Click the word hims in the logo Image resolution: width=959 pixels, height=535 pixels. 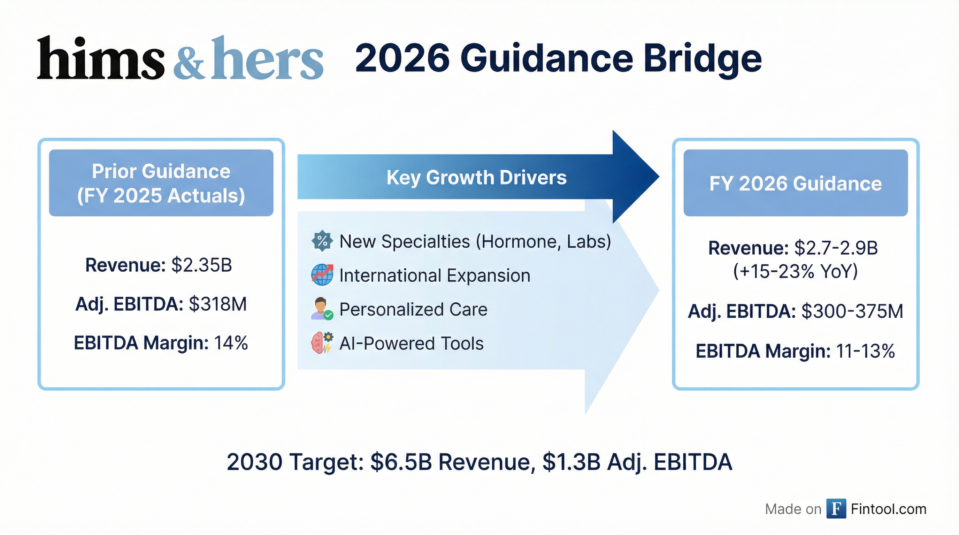(x=100, y=59)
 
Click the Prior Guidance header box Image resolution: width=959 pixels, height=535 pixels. (x=161, y=183)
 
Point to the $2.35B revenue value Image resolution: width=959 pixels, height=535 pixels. (x=201, y=265)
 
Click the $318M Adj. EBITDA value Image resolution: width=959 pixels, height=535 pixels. (x=218, y=304)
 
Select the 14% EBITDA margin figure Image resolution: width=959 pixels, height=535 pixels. (x=231, y=343)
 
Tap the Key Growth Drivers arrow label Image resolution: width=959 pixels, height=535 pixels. (x=476, y=178)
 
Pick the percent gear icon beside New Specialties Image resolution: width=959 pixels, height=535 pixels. (x=322, y=241)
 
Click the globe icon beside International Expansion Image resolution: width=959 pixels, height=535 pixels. (x=322, y=275)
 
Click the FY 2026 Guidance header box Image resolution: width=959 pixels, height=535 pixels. (x=796, y=183)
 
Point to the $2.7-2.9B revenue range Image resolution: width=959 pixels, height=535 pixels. (x=836, y=248)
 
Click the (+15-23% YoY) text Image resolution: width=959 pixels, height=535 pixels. (x=796, y=271)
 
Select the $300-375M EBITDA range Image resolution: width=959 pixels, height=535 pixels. (x=852, y=311)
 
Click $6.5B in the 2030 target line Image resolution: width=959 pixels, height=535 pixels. (x=401, y=463)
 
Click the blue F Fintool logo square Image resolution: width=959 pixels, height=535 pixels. (x=836, y=509)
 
